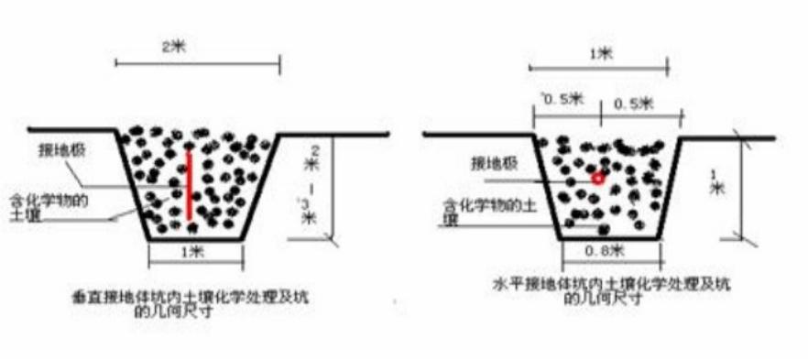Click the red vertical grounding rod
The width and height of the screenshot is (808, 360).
189,184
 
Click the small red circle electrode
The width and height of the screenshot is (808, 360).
597,178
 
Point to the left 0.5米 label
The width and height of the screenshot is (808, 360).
561,101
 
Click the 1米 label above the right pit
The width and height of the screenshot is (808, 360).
600,53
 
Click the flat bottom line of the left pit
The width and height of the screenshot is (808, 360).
194,240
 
